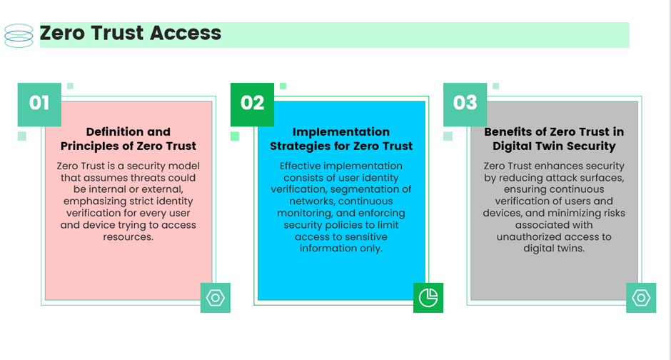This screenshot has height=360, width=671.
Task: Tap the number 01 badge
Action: pyautogui.click(x=39, y=104)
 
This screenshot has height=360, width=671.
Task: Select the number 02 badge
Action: pyautogui.click(x=252, y=104)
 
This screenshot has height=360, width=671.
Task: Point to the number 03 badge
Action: pyautogui.click(x=465, y=104)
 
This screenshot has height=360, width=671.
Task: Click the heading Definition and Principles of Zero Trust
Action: pyautogui.click(x=128, y=139)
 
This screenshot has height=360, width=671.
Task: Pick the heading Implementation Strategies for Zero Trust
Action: pyautogui.click(x=341, y=139)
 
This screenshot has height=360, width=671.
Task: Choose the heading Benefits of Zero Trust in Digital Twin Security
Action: pyautogui.click(x=554, y=139)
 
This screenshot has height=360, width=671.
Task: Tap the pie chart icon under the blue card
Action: pyautogui.click(x=428, y=298)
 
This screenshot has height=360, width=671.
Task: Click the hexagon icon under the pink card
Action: pyautogui.click(x=216, y=298)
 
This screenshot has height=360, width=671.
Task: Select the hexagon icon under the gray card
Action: pyautogui.click(x=641, y=298)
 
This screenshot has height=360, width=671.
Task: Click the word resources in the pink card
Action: pyautogui.click(x=128, y=236)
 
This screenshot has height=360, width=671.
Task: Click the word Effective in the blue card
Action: pyautogui.click(x=300, y=166)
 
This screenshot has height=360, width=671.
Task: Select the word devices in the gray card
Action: pyautogui.click(x=503, y=213)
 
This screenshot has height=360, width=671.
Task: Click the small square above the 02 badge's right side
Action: pyautogui.click(x=283, y=86)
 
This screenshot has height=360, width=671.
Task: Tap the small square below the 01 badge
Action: pyautogui.click(x=22, y=136)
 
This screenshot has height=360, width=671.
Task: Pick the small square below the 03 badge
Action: pyautogui.click(x=448, y=136)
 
